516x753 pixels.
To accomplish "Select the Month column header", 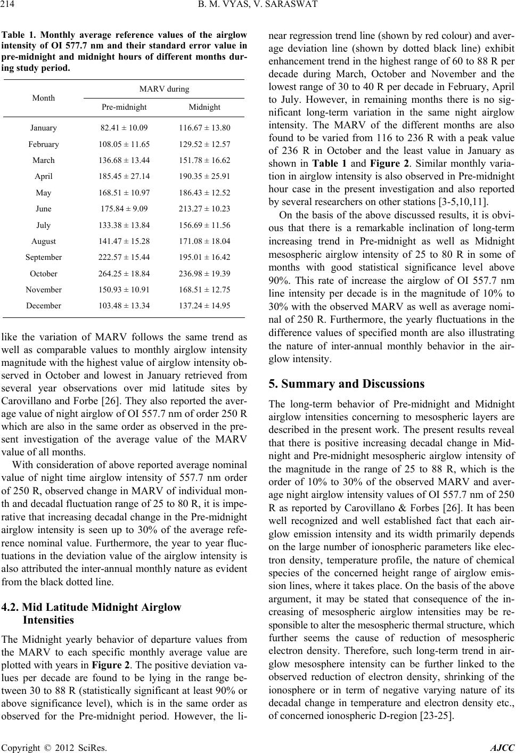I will click(x=43, y=98).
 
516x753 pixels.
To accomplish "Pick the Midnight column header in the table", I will click(x=204, y=107).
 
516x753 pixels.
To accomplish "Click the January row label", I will click(x=44, y=128).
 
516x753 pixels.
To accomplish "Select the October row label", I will click(x=44, y=274).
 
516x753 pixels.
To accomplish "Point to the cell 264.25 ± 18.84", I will click(x=125, y=274).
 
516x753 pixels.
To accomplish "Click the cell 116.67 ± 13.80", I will click(x=204, y=128).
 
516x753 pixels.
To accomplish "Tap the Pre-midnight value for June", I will click(x=125, y=209).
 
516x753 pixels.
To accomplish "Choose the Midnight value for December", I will click(x=204, y=306).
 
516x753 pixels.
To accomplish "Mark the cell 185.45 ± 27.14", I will click(x=125, y=176).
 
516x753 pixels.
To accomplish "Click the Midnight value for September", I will click(x=204, y=258).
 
